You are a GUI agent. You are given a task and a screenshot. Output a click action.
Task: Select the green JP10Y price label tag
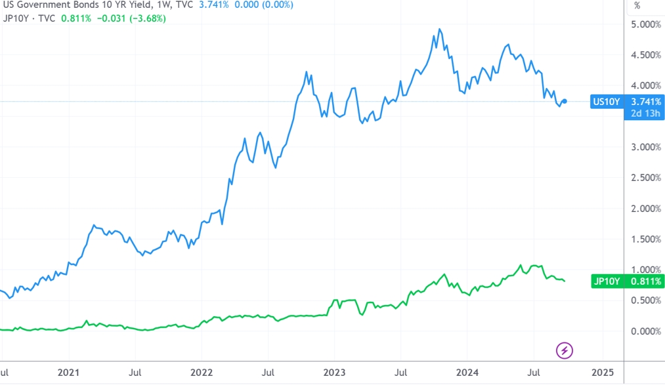pos(627,281)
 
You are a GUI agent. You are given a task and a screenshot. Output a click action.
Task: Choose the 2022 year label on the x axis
pos(202,373)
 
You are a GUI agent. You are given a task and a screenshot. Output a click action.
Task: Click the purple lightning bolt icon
pos(564,350)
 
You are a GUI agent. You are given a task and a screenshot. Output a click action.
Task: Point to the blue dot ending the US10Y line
pos(565,101)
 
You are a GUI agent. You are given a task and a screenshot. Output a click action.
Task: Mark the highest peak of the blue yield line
pos(439,30)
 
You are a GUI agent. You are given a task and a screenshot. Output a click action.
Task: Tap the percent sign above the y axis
pos(637,6)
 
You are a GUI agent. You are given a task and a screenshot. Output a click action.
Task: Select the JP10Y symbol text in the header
pos(15,18)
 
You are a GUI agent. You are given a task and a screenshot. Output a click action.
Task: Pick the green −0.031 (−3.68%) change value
pos(127,18)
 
